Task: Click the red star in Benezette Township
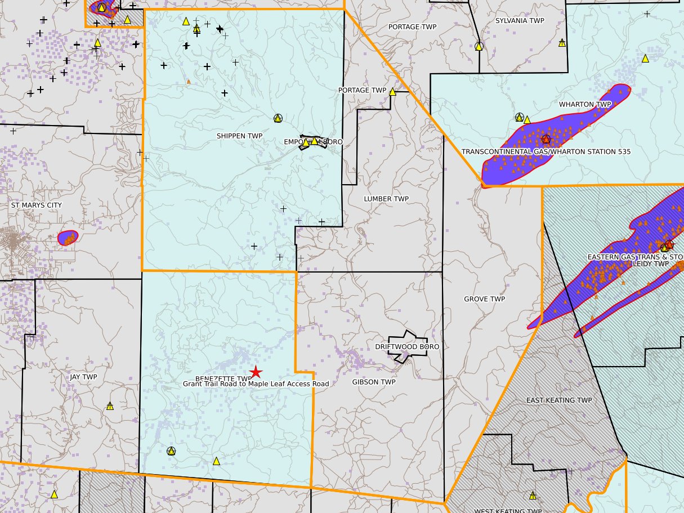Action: [256, 372]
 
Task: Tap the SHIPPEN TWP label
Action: [239, 136]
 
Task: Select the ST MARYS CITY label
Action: [37, 206]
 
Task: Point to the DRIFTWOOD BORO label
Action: [407, 347]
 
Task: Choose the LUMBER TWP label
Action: [386, 199]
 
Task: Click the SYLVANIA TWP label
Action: [520, 21]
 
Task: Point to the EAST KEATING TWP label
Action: [559, 400]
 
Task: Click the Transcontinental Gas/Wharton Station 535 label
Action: [546, 151]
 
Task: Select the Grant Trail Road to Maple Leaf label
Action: [256, 383]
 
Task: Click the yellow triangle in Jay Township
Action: [110, 405]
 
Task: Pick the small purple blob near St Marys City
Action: [68, 238]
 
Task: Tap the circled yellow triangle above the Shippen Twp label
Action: [278, 118]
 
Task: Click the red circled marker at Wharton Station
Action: [545, 139]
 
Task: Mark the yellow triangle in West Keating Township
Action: [532, 496]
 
